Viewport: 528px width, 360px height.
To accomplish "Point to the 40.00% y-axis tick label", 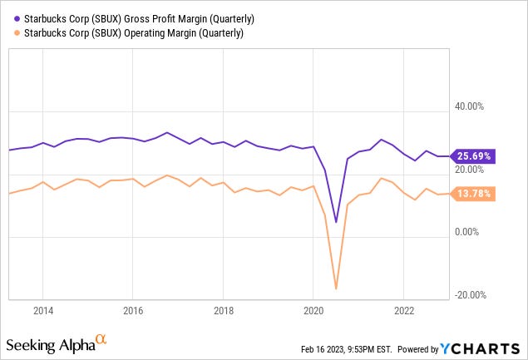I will [466, 106].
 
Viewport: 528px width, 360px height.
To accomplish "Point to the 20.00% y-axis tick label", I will [466, 170].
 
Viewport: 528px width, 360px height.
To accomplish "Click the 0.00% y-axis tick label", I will [469, 233].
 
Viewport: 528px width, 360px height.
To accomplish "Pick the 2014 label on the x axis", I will [43, 311].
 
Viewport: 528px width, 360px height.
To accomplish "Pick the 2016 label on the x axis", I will [133, 311].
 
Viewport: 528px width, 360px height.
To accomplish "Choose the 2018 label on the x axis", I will [223, 311].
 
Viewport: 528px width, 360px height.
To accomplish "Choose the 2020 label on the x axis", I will [313, 311].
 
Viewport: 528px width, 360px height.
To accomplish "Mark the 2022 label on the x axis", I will [403, 311].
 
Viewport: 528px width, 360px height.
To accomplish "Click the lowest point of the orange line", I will [336, 288].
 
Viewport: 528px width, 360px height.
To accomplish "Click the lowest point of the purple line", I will [336, 222].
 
